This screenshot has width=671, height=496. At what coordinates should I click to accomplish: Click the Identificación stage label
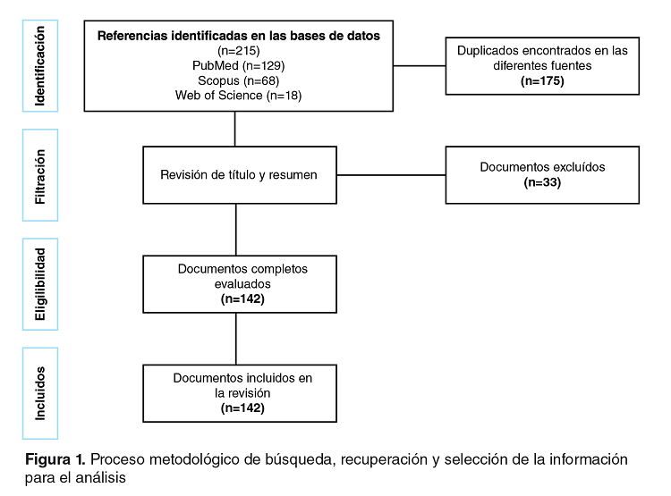click(x=39, y=66)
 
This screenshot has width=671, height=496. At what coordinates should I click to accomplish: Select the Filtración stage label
click(x=39, y=175)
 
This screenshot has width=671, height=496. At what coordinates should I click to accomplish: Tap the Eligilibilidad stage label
click(x=39, y=284)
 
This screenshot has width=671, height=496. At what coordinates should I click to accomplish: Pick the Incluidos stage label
click(x=39, y=393)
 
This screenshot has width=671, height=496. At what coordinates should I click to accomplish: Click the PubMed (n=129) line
click(x=238, y=65)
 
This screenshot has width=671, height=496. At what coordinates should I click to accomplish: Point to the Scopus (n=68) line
click(x=238, y=80)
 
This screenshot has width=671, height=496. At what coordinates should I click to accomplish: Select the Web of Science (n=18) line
click(x=238, y=95)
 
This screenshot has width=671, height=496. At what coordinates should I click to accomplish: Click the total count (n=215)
click(x=238, y=50)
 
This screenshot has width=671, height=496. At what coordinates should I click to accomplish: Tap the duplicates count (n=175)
click(x=542, y=80)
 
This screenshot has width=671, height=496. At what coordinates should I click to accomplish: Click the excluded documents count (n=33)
click(x=542, y=182)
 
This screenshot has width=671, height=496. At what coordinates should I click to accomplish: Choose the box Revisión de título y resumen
click(x=240, y=175)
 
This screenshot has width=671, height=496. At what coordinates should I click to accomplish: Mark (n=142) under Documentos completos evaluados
click(x=242, y=298)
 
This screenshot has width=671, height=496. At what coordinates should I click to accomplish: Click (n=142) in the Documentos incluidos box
click(x=242, y=408)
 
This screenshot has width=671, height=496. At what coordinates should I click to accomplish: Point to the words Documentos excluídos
click(x=542, y=167)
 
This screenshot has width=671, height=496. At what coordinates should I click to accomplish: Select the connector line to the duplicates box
click(x=420, y=66)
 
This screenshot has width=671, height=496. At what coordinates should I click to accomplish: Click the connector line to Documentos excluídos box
click(x=391, y=175)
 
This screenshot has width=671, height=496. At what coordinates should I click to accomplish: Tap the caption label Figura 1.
click(x=55, y=459)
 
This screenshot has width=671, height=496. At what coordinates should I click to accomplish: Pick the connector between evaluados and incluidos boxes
click(x=236, y=339)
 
